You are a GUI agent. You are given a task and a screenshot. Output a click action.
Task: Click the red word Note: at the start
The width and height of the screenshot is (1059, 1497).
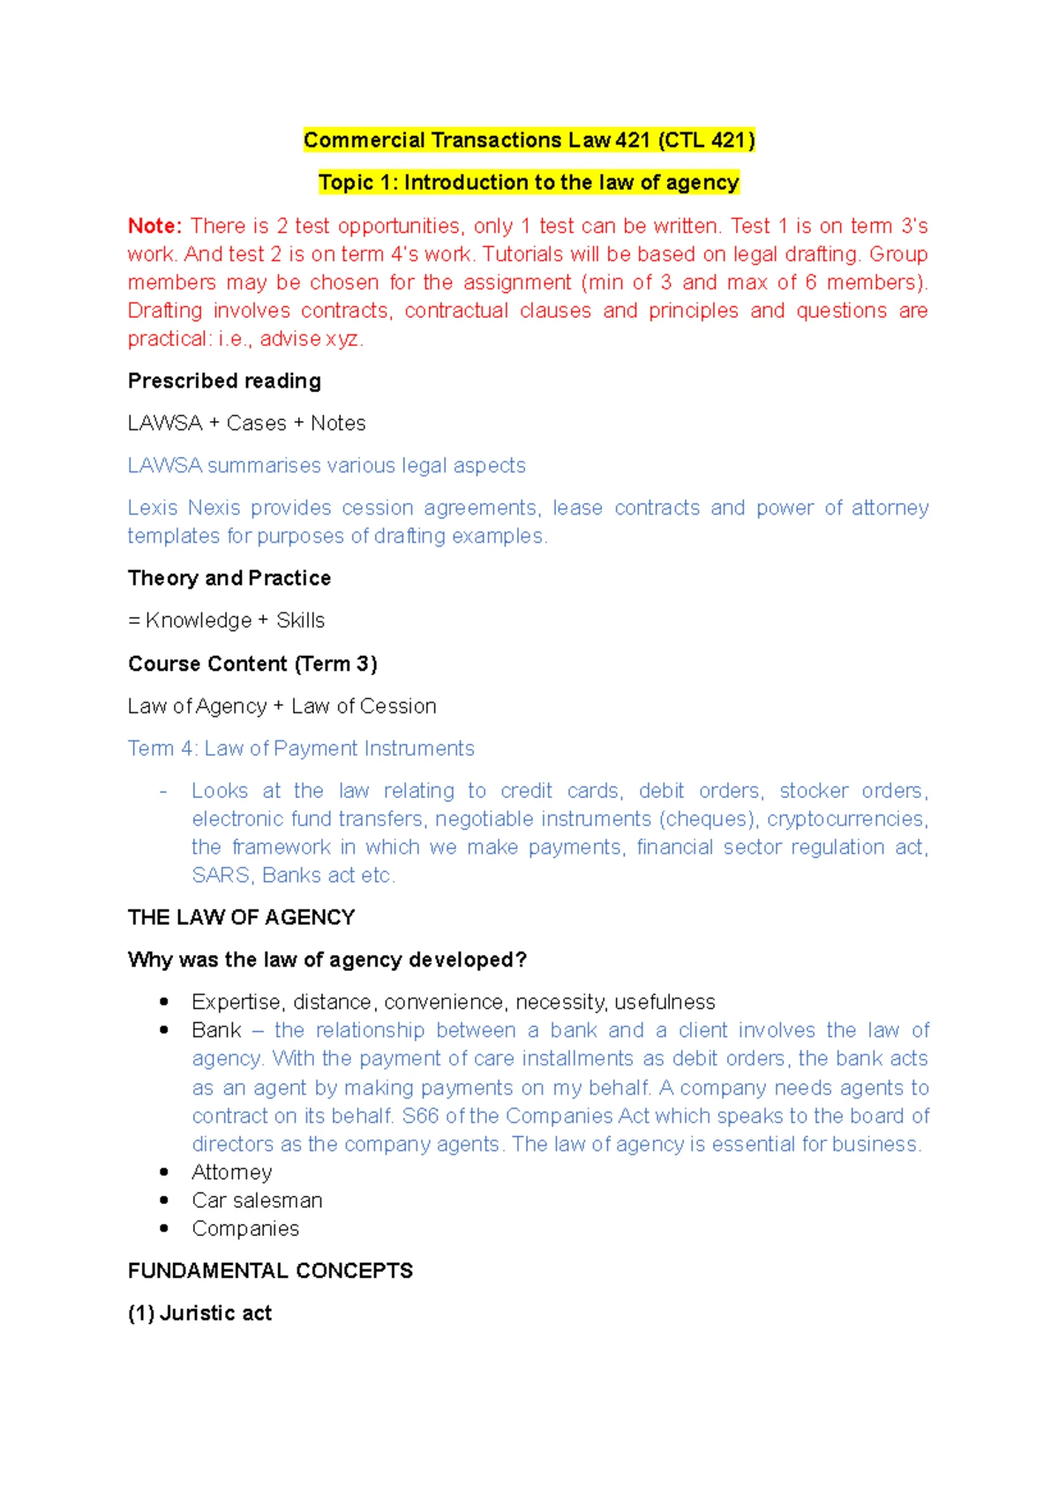154,226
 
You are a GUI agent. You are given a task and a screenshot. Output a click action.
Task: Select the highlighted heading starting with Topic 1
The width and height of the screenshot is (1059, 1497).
528,183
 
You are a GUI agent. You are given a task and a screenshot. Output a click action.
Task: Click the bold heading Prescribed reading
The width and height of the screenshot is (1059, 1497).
224,381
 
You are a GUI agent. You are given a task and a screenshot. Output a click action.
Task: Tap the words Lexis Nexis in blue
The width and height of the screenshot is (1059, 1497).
184,508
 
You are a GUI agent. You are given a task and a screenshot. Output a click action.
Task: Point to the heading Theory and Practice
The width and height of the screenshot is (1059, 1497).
229,578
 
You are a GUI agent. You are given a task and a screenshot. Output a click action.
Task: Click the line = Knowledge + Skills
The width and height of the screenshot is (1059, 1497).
226,621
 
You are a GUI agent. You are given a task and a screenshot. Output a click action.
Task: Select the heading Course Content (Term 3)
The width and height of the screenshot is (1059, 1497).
252,664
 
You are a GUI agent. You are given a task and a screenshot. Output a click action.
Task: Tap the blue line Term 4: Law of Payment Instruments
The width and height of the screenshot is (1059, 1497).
301,748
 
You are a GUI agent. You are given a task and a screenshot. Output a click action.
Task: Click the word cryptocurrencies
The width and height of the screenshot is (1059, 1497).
845,819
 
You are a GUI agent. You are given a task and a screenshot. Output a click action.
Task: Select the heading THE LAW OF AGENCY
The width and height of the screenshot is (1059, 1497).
241,918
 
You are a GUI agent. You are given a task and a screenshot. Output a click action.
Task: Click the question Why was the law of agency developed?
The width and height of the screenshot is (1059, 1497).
327,960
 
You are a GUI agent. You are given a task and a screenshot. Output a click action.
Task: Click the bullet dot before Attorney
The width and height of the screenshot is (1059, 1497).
164,1172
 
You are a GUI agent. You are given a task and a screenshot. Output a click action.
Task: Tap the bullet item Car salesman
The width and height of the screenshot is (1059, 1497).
257,1200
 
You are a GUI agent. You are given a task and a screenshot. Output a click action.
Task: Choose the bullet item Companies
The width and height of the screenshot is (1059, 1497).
245,1229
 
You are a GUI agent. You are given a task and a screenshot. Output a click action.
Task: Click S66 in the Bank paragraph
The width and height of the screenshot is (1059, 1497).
420,1117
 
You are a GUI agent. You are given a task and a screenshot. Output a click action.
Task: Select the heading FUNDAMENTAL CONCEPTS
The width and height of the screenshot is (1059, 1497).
270,1271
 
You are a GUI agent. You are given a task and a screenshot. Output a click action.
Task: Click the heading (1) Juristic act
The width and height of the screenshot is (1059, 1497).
199,1313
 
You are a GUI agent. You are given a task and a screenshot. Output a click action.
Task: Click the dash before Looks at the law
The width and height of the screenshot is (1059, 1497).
163,792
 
